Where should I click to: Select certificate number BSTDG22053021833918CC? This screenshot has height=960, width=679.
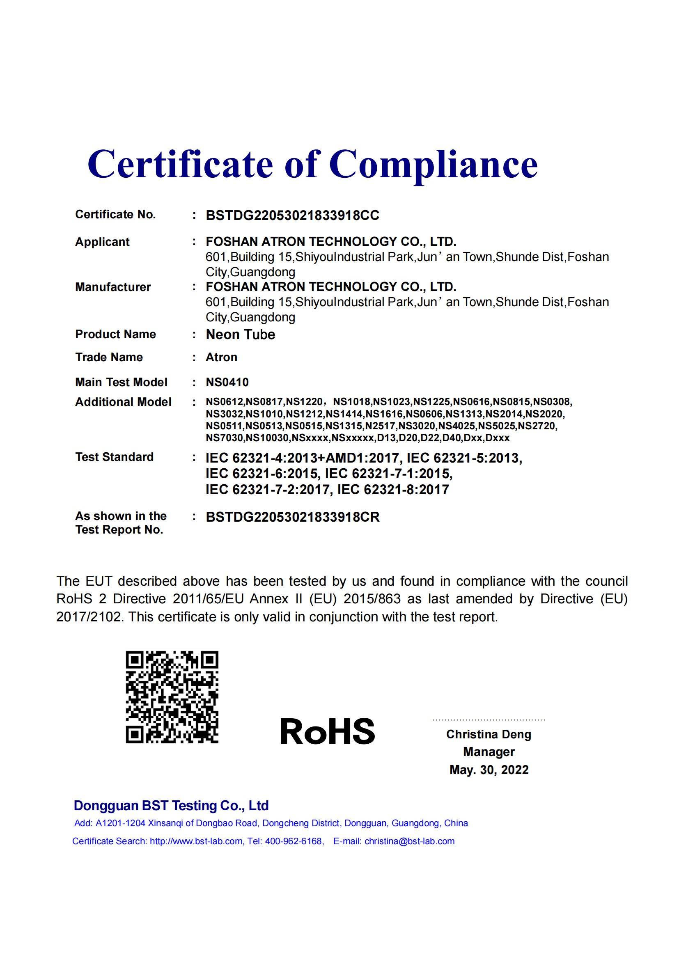pyautogui.click(x=292, y=215)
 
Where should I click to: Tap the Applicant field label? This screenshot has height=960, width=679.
pyautogui.click(x=103, y=242)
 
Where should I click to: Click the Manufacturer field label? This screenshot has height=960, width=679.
pyautogui.click(x=113, y=287)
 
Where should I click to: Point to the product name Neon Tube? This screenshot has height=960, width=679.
pyautogui.click(x=241, y=335)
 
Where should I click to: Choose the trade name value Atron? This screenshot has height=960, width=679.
pyautogui.click(x=221, y=357)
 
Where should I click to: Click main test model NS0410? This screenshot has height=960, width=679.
pyautogui.click(x=227, y=382)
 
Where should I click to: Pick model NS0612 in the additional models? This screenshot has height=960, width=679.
pyautogui.click(x=224, y=402)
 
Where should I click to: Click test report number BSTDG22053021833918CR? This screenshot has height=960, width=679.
pyautogui.click(x=293, y=517)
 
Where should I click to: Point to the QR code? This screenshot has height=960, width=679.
pyautogui.click(x=172, y=697)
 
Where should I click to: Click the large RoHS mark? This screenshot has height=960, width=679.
pyautogui.click(x=327, y=732)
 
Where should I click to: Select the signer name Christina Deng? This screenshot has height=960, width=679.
pyautogui.click(x=489, y=734)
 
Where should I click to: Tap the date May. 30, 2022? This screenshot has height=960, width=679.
pyautogui.click(x=489, y=770)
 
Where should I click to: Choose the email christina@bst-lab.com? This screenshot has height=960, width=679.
pyautogui.click(x=409, y=841)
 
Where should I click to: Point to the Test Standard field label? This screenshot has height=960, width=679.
pyautogui.click(x=114, y=457)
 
